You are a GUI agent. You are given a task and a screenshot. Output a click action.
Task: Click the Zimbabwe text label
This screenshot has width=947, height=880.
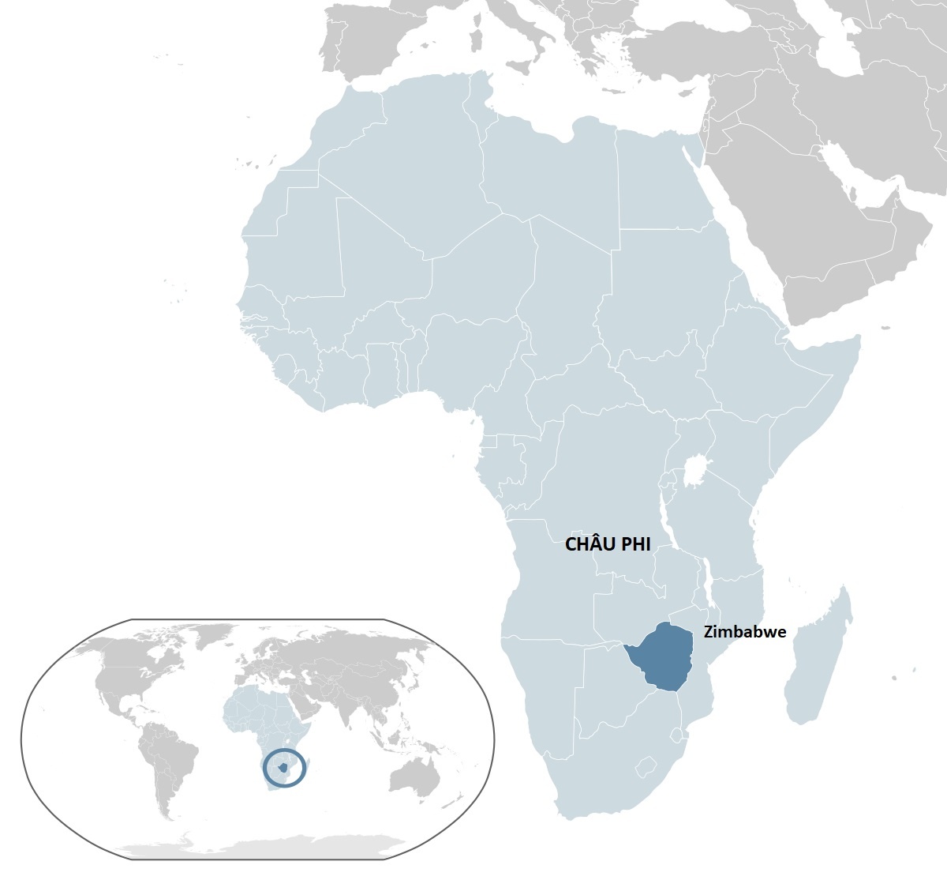point(744,632)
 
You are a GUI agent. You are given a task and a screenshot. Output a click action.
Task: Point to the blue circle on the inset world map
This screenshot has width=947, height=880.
point(283,767)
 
